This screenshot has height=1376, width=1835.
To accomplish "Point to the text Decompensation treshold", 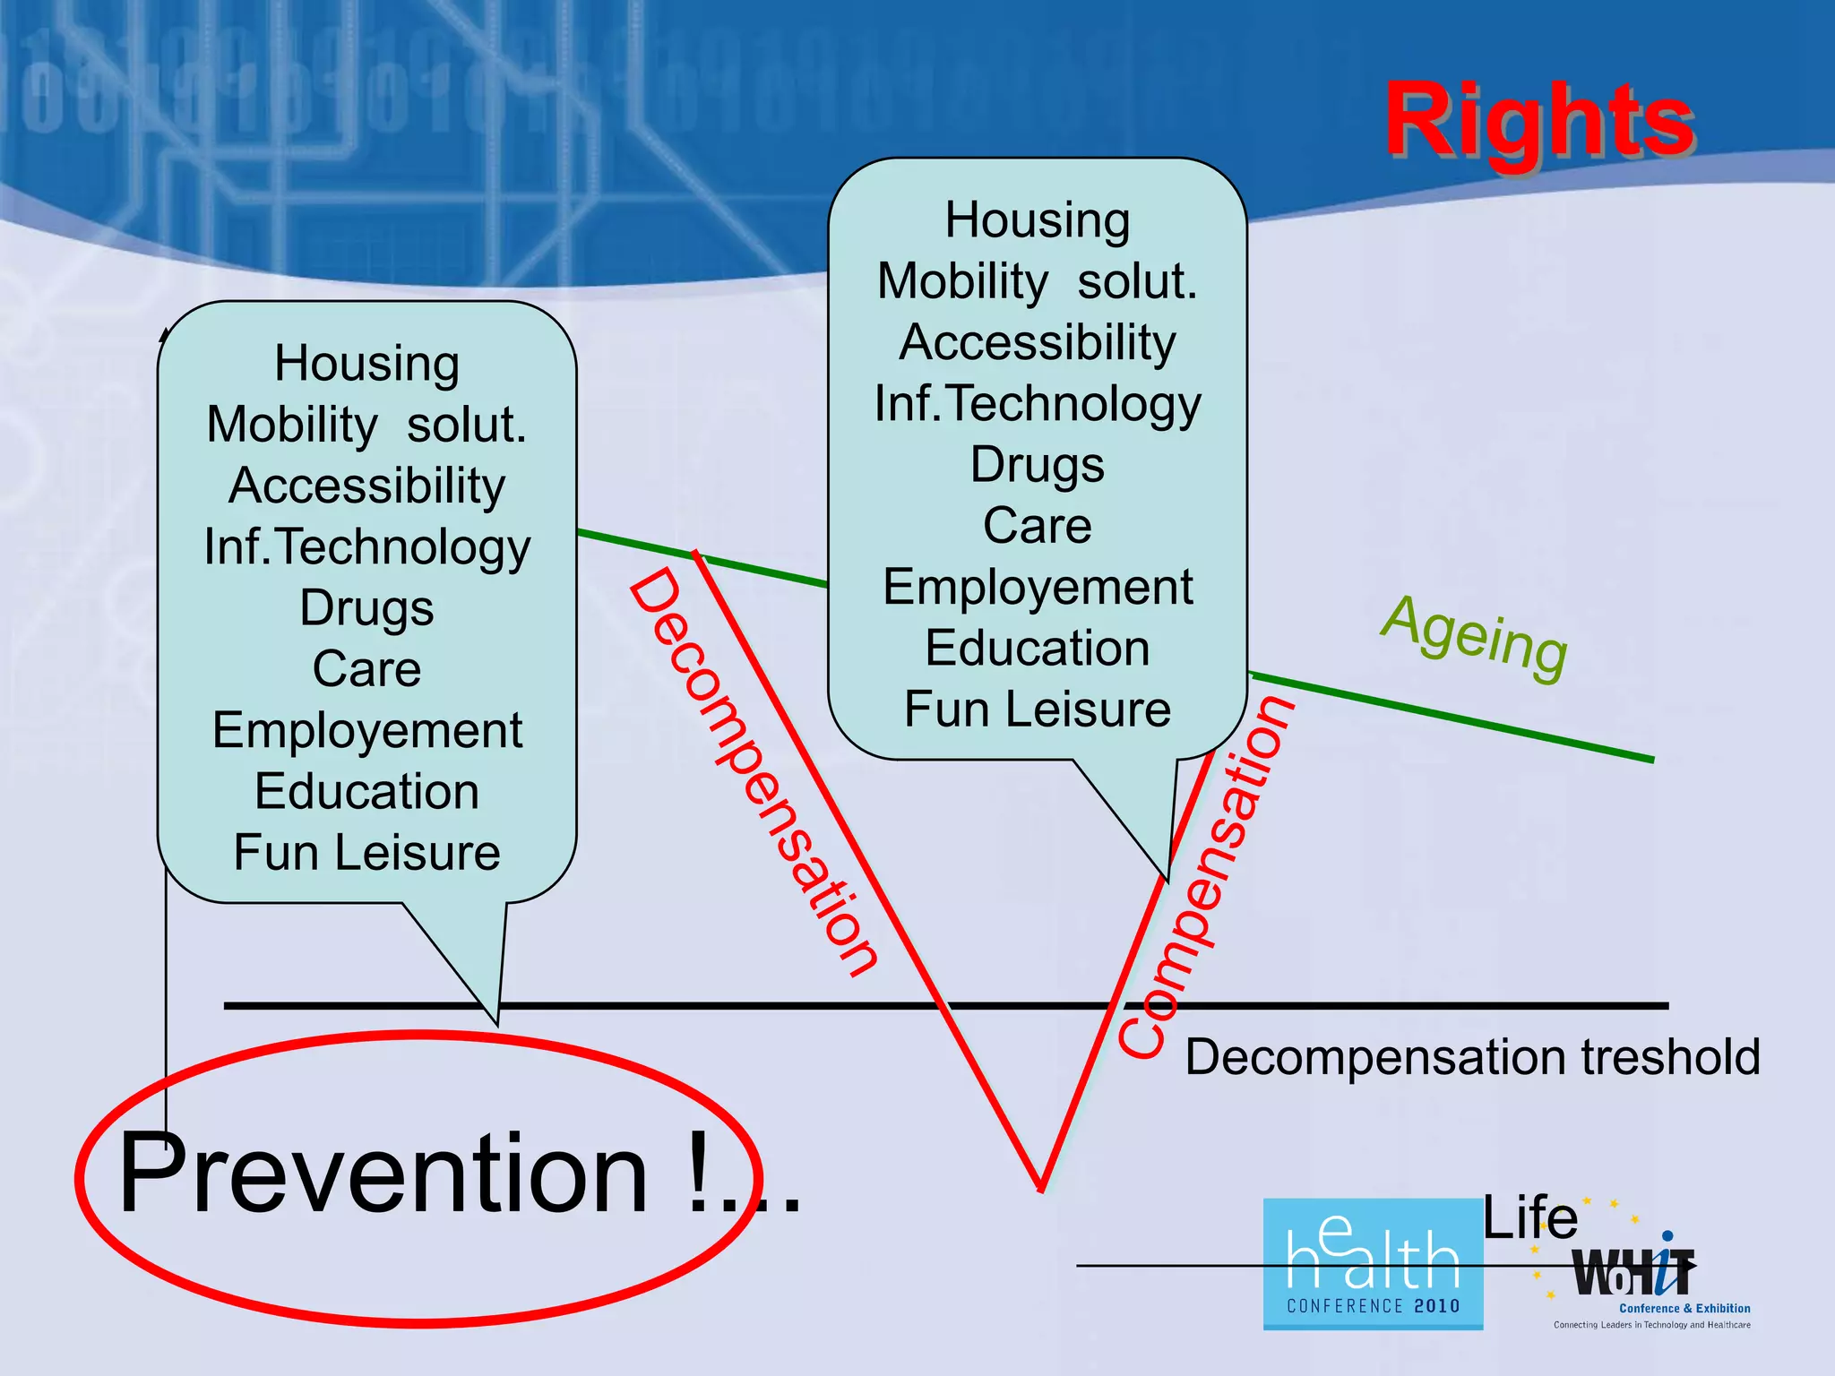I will point(1472,1057).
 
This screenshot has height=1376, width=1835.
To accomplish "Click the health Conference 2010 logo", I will point(1373,1264).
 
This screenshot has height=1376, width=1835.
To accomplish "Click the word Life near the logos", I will point(1529,1218).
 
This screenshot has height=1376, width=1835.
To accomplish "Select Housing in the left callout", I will point(366,364).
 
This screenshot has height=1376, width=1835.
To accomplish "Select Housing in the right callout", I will point(1038,220).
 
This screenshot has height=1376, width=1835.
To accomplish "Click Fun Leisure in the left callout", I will point(366,852).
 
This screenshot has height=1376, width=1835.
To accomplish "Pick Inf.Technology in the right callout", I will point(1038,404).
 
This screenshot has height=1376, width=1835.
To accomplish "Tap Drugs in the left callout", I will point(366,608).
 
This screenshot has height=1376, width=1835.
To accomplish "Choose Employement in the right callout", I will point(1038,588).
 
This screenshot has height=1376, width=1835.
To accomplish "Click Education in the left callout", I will point(366,792).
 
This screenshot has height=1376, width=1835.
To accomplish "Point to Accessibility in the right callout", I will point(1038,343).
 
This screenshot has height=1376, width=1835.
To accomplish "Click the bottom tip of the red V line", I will point(1041,1187).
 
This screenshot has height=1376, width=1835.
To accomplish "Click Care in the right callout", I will point(1038,526).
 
